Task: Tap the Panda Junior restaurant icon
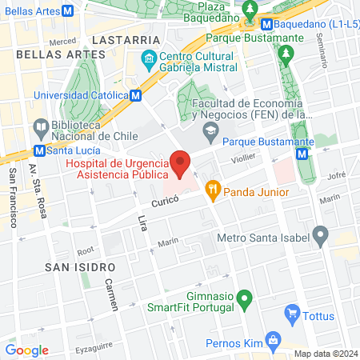(213, 191)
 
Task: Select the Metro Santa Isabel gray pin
(321, 236)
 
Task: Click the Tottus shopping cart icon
(293, 314)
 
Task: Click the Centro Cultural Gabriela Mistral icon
(148, 60)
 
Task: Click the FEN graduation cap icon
(210, 129)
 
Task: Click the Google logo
(26, 350)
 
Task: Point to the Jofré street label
(335, 172)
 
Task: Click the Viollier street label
(243, 159)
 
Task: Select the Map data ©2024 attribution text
(324, 354)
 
